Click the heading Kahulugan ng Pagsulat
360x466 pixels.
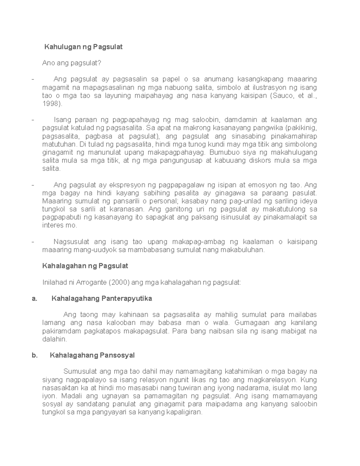(x=83, y=47)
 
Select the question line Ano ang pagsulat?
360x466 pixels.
(x=72, y=63)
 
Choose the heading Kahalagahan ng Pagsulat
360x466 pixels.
(x=85, y=266)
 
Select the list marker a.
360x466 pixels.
(x=34, y=299)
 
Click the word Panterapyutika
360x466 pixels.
(x=127, y=299)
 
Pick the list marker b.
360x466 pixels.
(x=34, y=355)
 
